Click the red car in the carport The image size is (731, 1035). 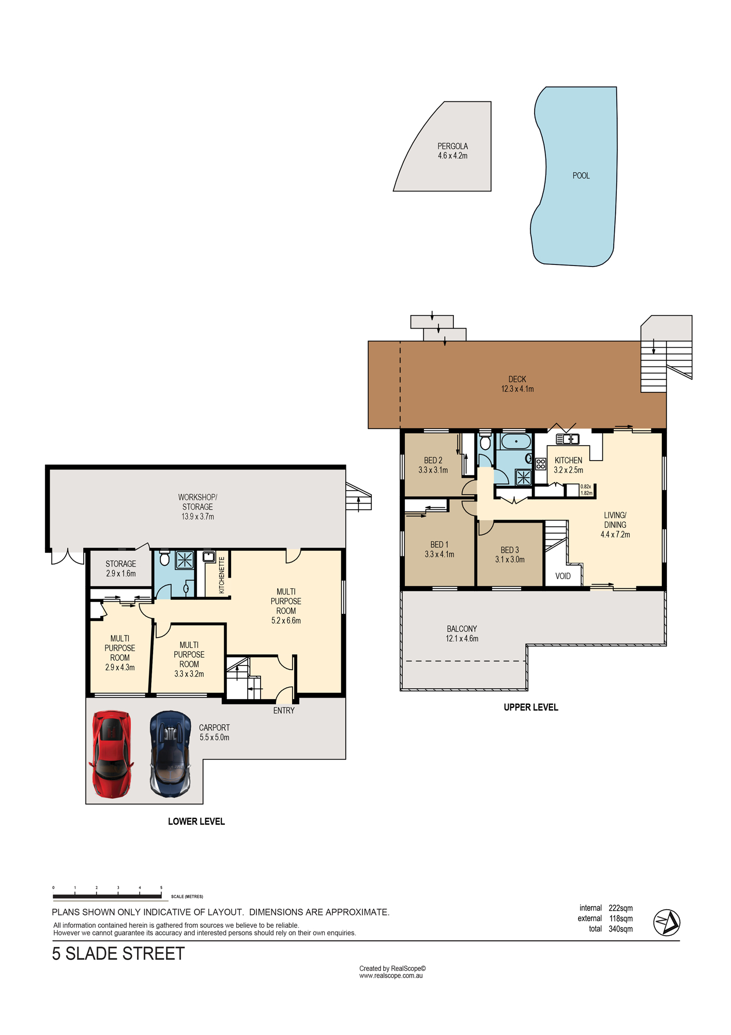coord(111,754)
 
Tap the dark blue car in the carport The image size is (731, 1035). coord(170,754)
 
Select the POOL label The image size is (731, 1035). coord(581,176)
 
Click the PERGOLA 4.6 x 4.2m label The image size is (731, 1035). coord(453,151)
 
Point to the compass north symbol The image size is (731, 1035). coord(667,922)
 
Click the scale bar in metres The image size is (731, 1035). coord(108,896)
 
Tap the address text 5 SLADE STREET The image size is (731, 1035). coord(118,954)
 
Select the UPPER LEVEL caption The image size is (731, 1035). coord(531,707)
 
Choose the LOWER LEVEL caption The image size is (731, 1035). coord(196,821)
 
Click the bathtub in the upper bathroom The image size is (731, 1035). coord(516,441)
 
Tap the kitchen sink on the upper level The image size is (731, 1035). coord(567,439)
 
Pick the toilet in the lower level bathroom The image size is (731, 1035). coord(165,558)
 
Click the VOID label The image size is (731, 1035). coord(563,576)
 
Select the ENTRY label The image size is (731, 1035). coord(284,711)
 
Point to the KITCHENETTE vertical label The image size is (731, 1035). coord(222,575)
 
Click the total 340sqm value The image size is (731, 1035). coord(620,929)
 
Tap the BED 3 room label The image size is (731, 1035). coord(510,550)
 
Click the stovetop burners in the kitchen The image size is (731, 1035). coord(541,464)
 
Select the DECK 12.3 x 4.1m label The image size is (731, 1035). coord(517,384)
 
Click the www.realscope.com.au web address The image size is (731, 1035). coord(391,976)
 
